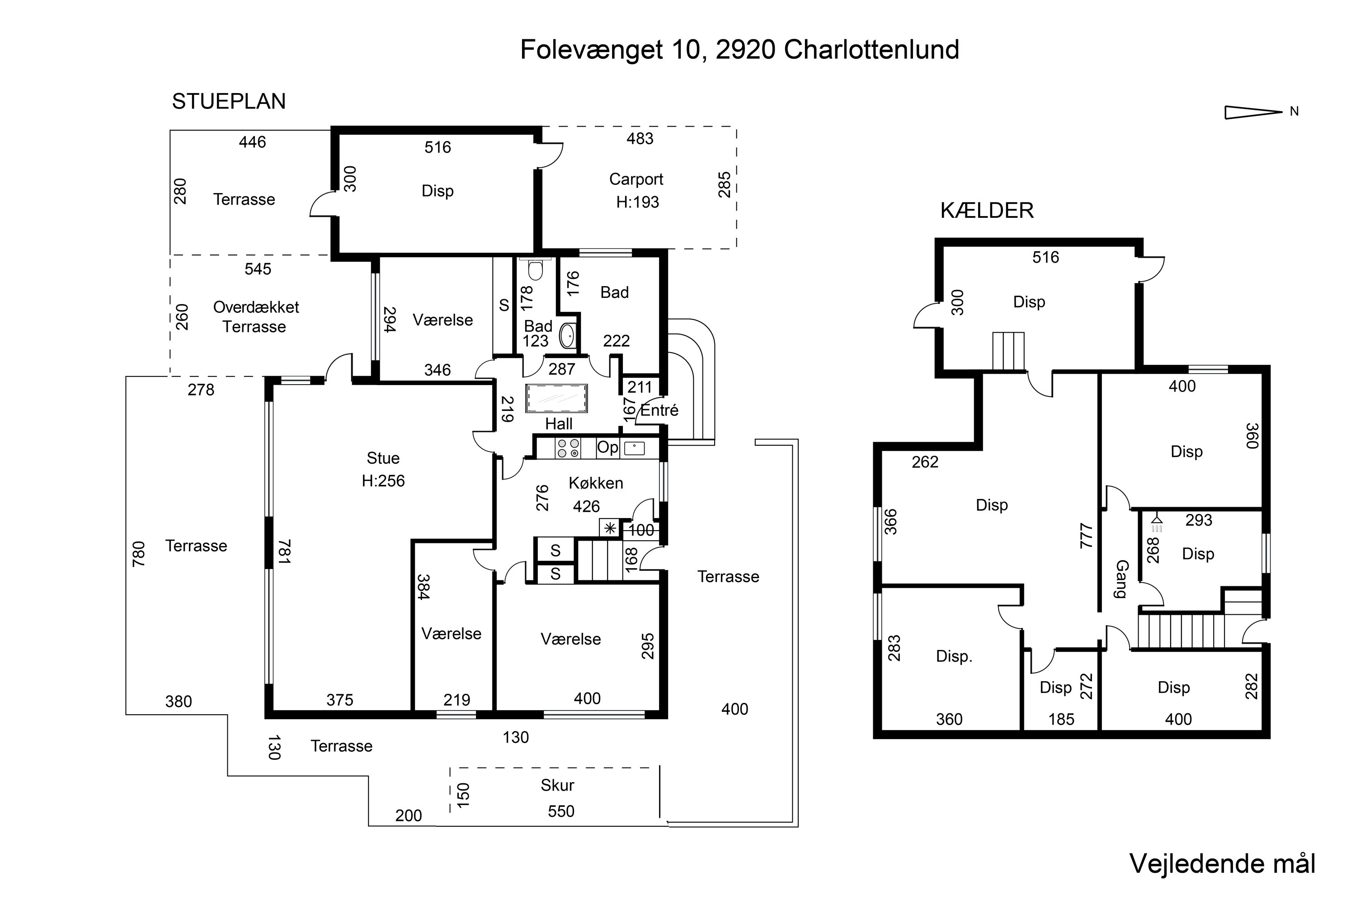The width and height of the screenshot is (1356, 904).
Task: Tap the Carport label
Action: point(636,179)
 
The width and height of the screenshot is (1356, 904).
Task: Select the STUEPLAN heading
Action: point(228,101)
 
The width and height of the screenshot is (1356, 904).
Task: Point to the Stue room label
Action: point(383,458)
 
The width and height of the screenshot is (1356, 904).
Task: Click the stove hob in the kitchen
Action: point(567,448)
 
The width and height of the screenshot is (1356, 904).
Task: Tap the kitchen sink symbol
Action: point(634,448)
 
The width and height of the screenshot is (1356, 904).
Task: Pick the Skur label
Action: point(557,785)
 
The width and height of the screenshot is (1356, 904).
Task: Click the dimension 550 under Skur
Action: point(560,811)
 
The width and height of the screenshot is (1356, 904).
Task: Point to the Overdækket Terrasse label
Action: point(255,316)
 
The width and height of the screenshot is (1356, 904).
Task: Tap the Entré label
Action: point(659,410)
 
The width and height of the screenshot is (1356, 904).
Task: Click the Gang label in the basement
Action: point(1121,579)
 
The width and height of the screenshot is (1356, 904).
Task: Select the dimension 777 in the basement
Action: point(1086,536)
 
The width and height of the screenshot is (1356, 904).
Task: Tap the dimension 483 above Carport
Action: point(640,138)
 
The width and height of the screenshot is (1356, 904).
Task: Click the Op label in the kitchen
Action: point(607,447)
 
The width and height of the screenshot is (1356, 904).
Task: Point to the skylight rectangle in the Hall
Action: point(557,398)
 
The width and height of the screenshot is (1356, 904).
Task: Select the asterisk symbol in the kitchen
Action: point(609,528)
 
